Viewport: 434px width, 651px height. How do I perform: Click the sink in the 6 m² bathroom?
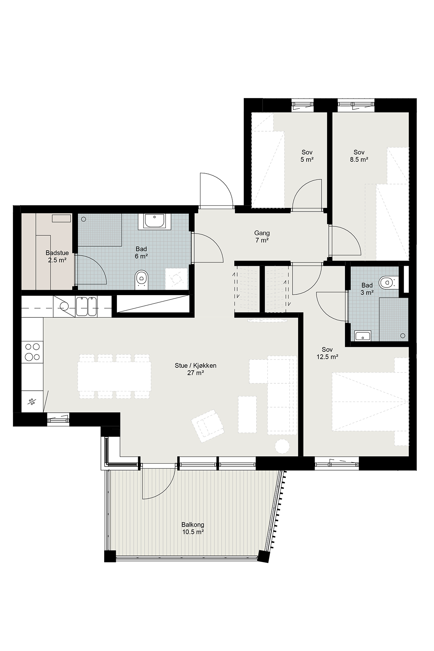155,221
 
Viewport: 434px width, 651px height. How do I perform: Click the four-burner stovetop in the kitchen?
32,352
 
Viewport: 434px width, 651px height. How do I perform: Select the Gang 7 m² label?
262,237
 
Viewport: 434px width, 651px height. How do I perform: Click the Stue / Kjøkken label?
195,369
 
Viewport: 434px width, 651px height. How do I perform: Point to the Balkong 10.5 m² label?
193,528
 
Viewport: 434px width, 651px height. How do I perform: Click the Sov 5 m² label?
307,156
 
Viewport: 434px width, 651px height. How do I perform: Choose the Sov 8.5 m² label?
359,156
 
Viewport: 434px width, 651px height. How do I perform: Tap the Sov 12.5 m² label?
327,353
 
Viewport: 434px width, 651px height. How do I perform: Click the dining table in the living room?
114,376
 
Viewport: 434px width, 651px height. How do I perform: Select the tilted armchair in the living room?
208,426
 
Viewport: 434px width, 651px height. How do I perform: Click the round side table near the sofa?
282,446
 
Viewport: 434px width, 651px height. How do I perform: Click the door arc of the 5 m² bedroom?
302,186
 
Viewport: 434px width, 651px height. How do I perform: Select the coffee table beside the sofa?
247,414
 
